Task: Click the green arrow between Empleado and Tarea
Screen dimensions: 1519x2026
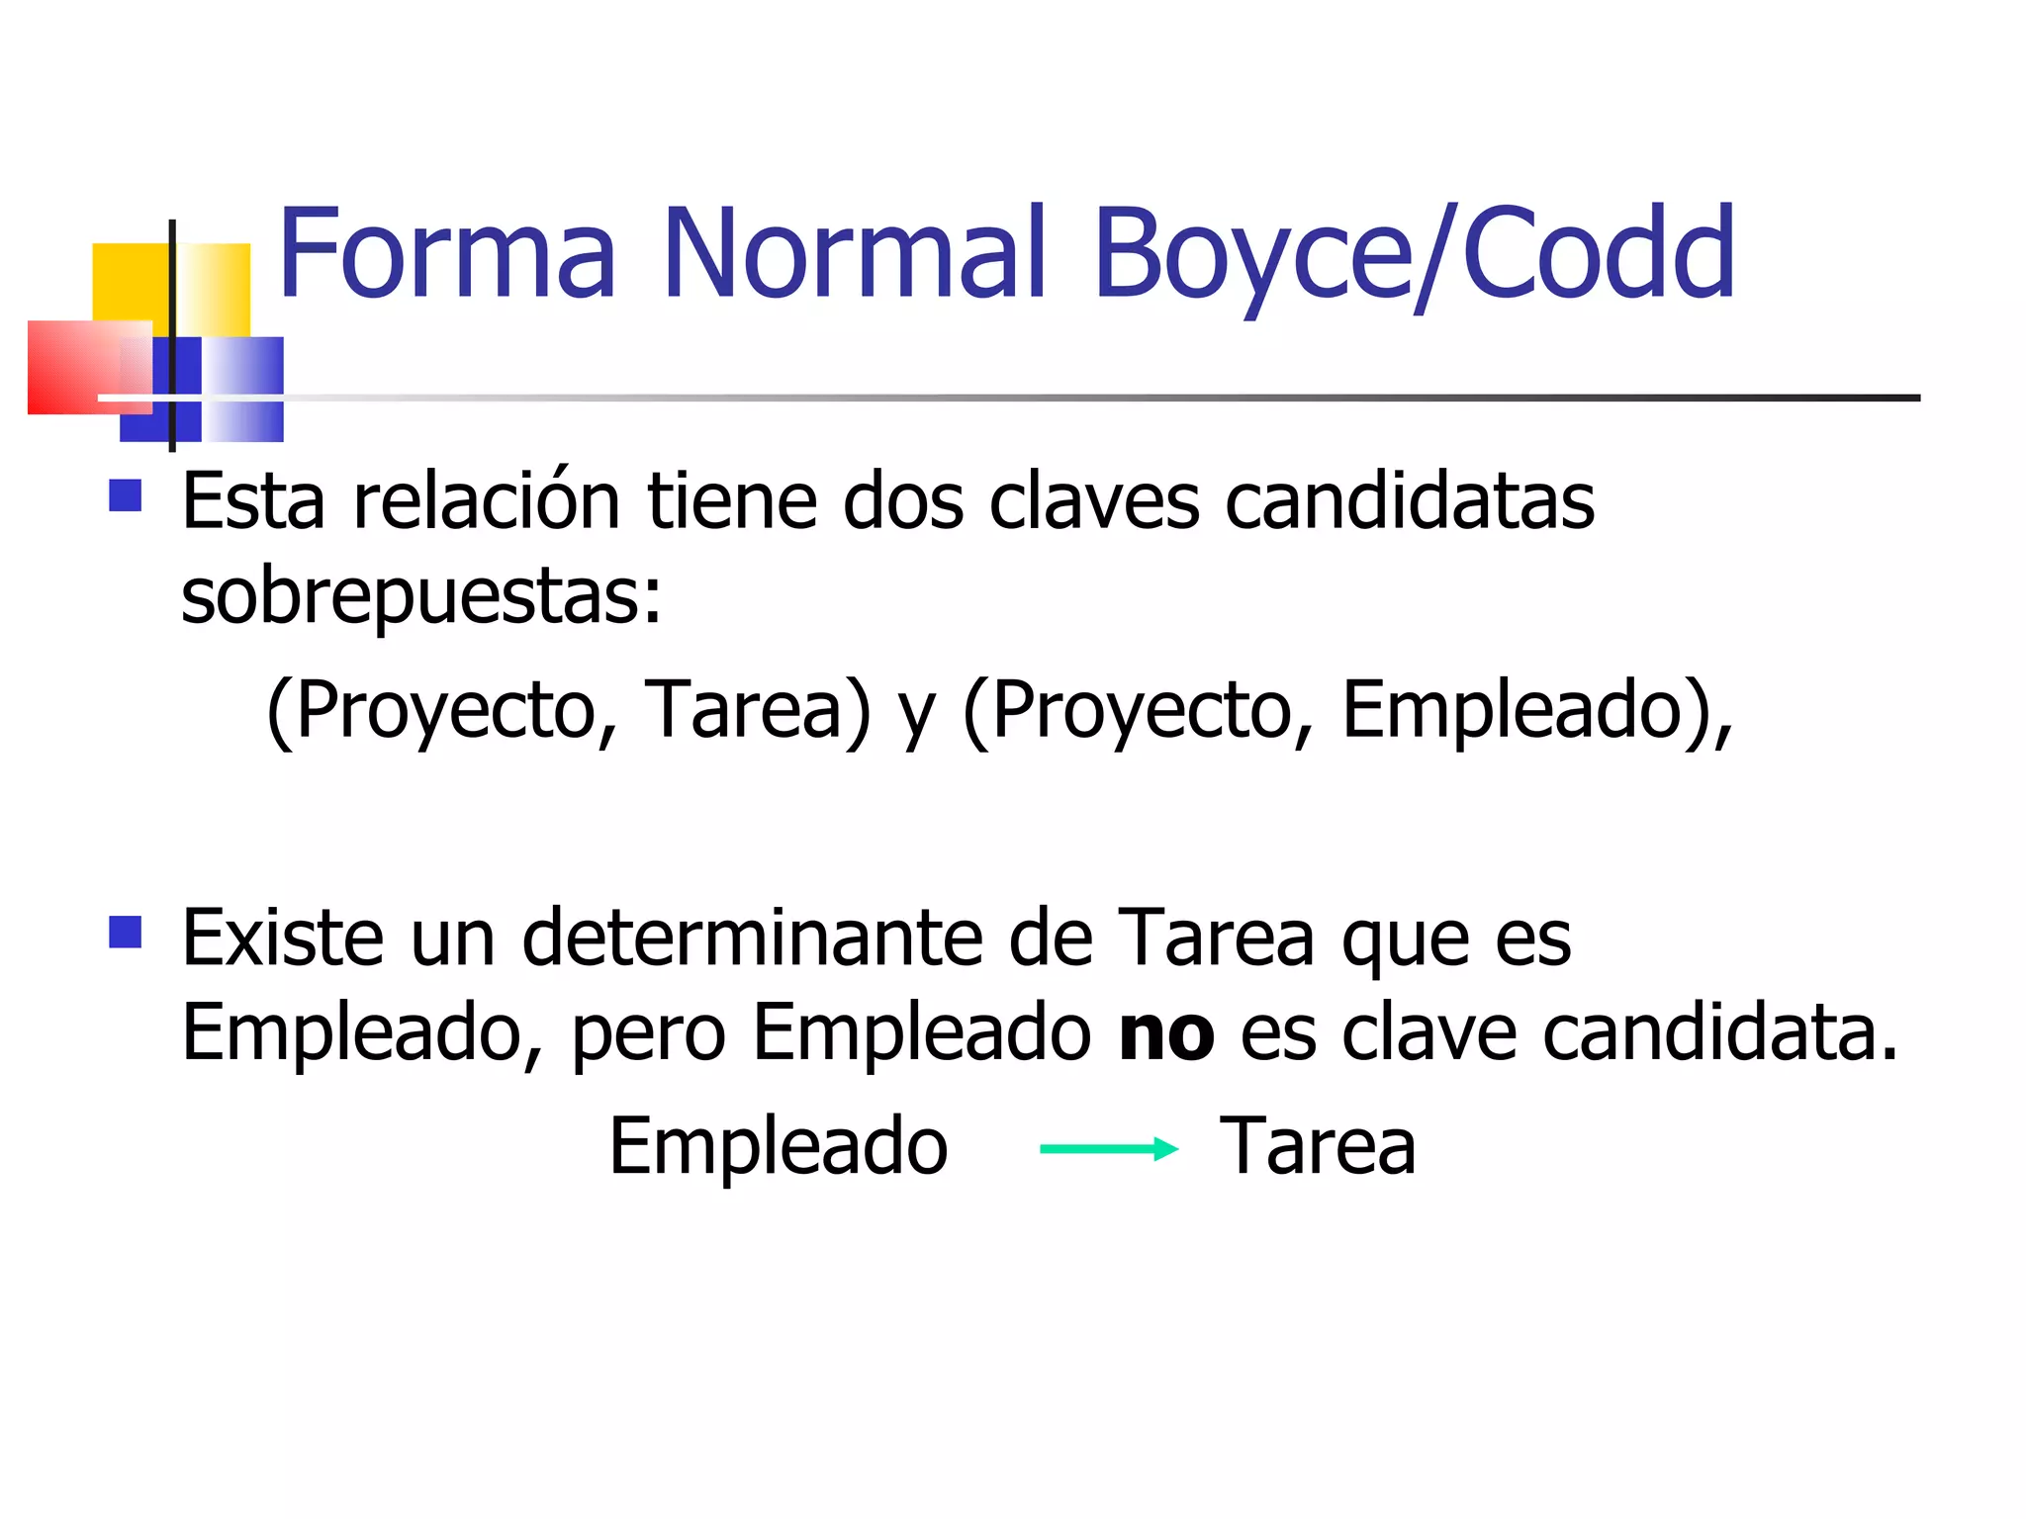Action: click(1109, 1148)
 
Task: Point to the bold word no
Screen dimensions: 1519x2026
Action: click(1166, 1033)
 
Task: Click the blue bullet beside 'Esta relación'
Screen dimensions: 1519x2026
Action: click(126, 494)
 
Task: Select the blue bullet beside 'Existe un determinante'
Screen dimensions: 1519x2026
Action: click(126, 932)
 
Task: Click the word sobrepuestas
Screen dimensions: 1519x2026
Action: click(420, 596)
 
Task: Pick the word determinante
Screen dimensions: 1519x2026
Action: click(752, 938)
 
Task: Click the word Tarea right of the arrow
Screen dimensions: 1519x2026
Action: click(1318, 1146)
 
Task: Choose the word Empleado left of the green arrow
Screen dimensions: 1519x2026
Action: click(779, 1146)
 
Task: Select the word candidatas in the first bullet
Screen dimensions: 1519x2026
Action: click(1410, 501)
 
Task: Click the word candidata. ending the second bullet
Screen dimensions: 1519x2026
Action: click(1720, 1033)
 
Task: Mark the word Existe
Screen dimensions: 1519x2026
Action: click(283, 938)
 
